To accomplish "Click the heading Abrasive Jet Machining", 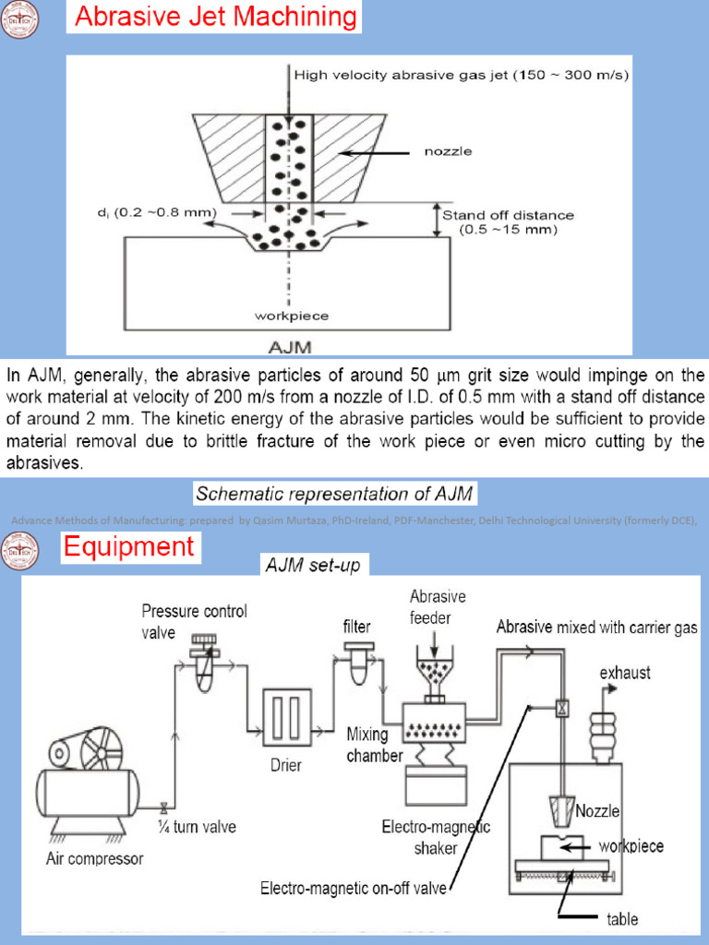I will click(x=213, y=17).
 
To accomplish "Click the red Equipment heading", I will click(x=128, y=546).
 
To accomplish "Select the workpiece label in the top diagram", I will click(x=291, y=316).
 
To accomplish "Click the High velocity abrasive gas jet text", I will click(x=461, y=76).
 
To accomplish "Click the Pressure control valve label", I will click(x=194, y=620).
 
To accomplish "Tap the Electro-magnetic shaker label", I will click(x=437, y=836).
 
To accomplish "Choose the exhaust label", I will click(x=625, y=672).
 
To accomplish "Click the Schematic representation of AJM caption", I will click(x=334, y=494).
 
